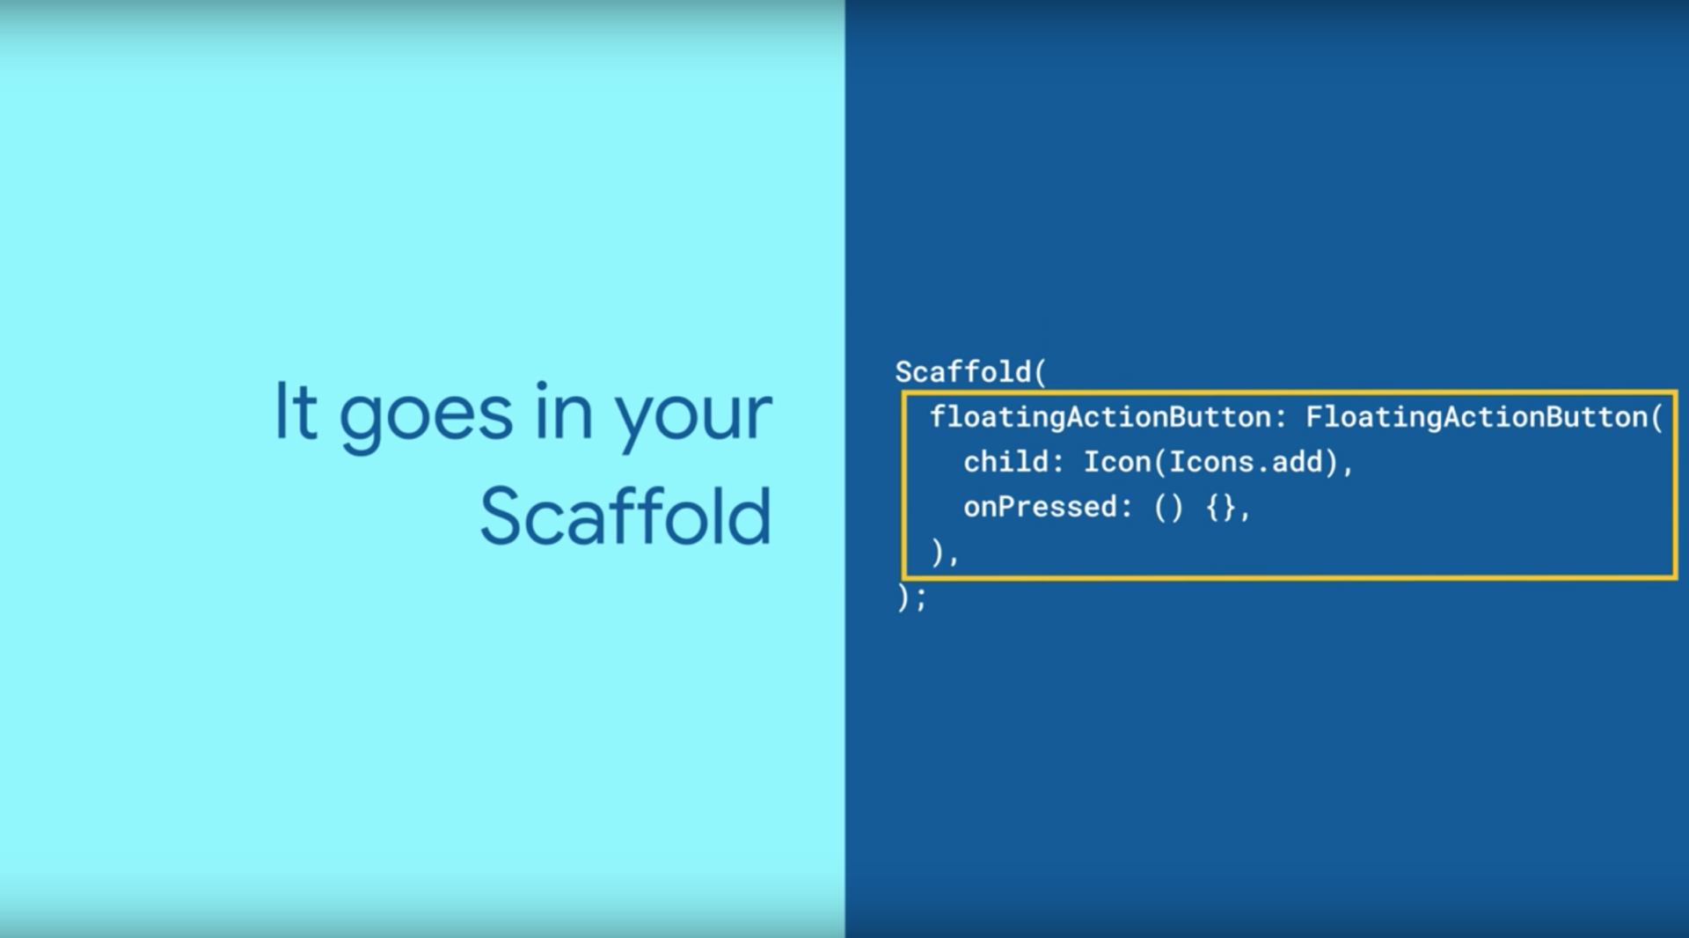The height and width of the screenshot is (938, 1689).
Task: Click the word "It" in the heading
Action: (296, 411)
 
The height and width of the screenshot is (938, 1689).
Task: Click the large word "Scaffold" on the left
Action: (625, 517)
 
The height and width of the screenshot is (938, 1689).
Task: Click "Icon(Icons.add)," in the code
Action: (1218, 462)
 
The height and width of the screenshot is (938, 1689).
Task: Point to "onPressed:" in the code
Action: (1048, 507)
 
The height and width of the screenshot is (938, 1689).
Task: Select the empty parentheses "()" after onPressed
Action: (1168, 508)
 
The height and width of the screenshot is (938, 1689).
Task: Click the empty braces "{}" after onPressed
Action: (1221, 508)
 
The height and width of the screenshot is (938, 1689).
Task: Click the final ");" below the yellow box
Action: (911, 598)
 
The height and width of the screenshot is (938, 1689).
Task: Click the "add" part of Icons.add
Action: (1298, 462)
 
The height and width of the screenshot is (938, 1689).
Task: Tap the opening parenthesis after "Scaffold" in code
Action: (1041, 373)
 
